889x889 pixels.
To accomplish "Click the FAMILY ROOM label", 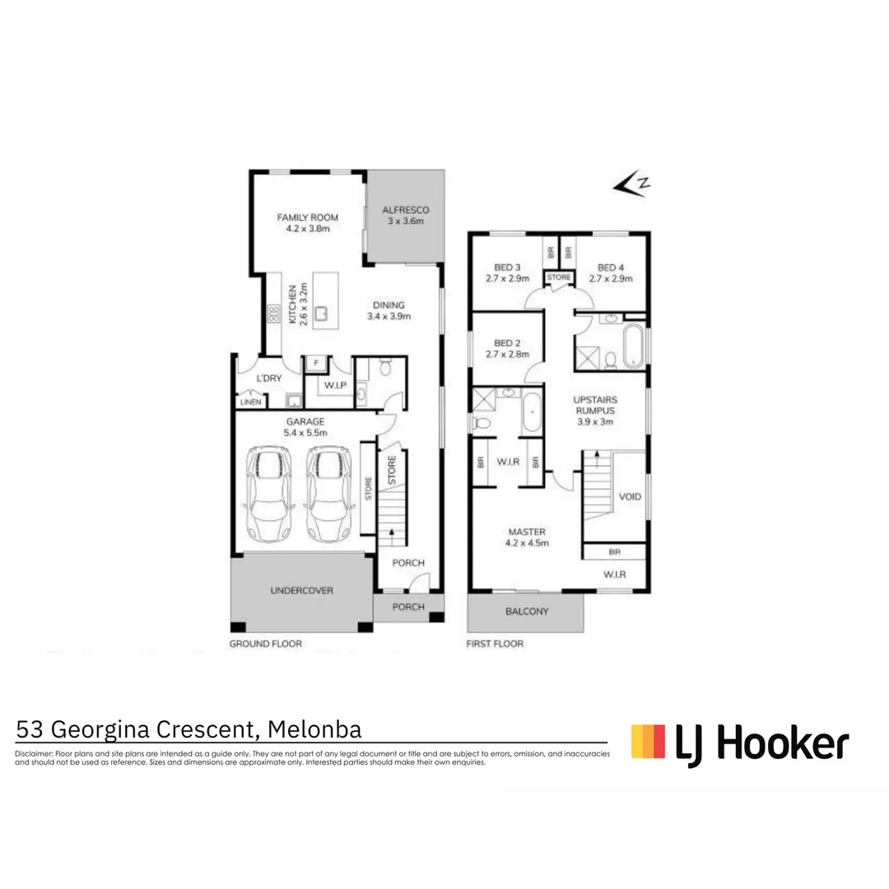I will (x=307, y=217).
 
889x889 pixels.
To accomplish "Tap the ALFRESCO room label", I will (x=406, y=210).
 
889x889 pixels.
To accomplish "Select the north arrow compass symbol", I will (x=632, y=185).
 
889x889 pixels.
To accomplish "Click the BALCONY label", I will (x=526, y=612).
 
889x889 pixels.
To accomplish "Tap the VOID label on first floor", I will (x=629, y=497).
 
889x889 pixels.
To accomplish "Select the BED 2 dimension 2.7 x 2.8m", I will (x=506, y=355).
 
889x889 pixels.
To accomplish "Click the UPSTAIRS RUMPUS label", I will (x=594, y=404).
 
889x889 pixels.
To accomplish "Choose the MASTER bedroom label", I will (x=526, y=532).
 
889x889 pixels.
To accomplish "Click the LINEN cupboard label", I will (x=250, y=403).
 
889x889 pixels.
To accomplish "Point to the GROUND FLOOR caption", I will (x=265, y=644).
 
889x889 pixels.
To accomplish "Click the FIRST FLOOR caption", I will (x=494, y=644).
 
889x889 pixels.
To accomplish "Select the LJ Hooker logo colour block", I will (x=648, y=741).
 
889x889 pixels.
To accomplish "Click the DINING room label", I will (x=389, y=305).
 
